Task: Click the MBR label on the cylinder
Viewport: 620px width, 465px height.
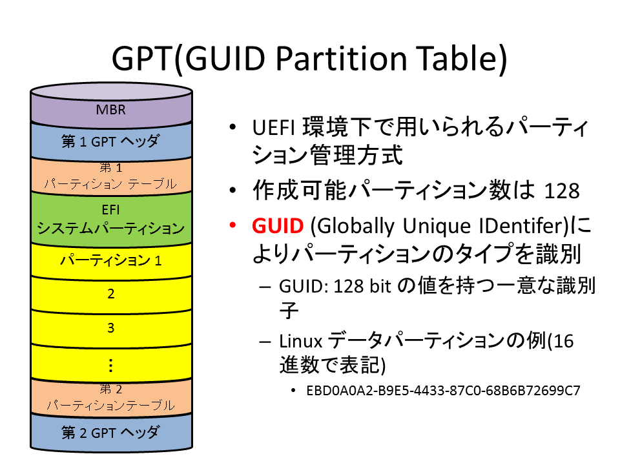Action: point(110,110)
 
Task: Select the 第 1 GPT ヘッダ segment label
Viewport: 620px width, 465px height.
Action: point(110,141)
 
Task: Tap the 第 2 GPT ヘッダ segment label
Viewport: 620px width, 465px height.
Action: point(110,433)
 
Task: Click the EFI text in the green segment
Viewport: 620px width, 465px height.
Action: point(110,209)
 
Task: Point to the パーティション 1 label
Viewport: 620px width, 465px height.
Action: point(110,260)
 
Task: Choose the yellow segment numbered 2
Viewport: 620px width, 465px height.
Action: point(110,294)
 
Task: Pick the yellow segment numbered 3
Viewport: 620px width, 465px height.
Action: point(110,328)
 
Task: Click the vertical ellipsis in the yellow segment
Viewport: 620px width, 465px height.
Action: point(110,366)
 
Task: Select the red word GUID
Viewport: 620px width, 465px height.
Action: point(278,226)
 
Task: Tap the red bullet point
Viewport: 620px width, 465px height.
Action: point(232,225)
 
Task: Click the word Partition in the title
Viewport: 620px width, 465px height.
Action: point(341,59)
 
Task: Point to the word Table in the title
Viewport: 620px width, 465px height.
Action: point(457,59)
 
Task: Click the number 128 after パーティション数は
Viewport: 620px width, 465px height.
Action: point(562,191)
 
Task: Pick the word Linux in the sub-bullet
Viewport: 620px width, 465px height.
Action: point(300,341)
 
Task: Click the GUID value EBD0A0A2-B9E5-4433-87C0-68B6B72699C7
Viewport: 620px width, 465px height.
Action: point(443,391)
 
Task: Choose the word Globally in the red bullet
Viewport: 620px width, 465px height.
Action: point(355,227)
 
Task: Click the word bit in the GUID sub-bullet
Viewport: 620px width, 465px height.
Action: point(380,286)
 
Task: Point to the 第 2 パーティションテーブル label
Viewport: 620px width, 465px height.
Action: point(110,397)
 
